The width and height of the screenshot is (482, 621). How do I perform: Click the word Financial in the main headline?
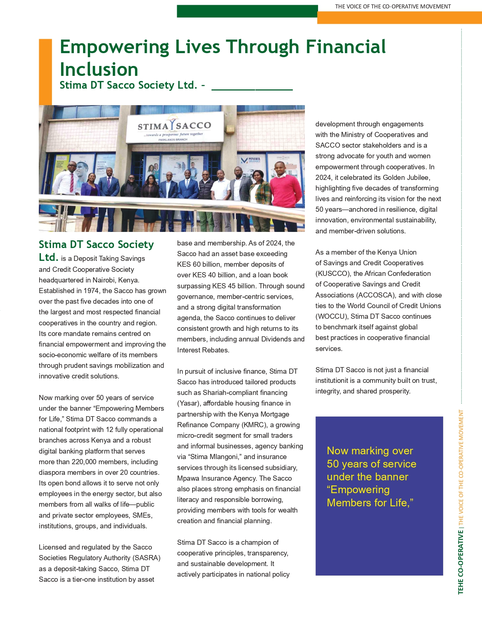(345, 47)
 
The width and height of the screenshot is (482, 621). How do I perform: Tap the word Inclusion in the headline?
(99, 70)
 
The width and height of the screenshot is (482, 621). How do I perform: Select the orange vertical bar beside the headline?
(45, 72)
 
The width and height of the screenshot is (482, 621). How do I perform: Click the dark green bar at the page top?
(247, 11)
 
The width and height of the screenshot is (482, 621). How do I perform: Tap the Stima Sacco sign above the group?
(175, 127)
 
